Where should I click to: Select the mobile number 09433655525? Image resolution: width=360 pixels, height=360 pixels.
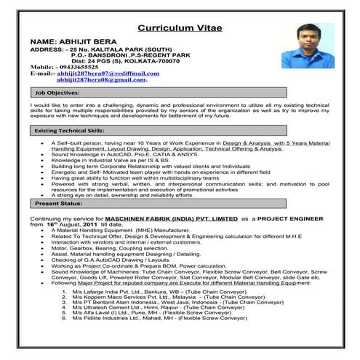84,67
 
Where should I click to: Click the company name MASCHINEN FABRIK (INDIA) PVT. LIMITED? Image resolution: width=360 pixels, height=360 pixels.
172,217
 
